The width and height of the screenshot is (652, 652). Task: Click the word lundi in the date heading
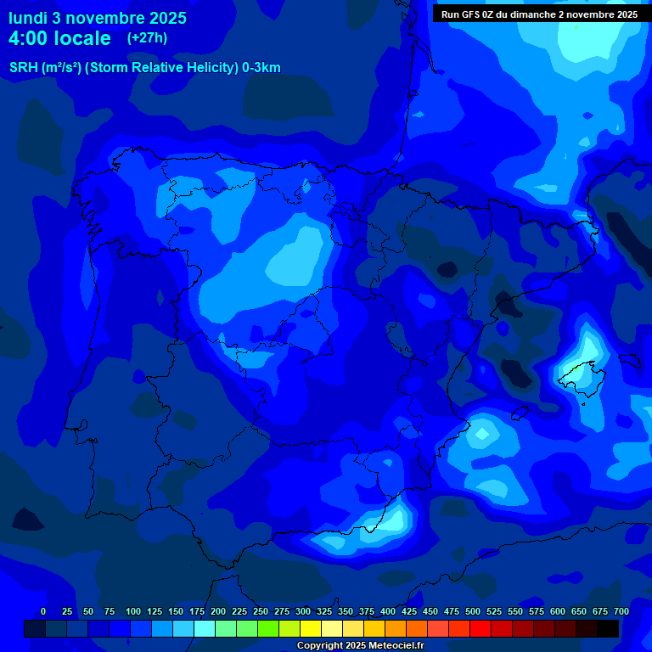coord(28,18)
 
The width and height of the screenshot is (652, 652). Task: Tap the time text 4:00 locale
coord(59,38)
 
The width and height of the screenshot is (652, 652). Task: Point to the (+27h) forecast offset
coord(147,37)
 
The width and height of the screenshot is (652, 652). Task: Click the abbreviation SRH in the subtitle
coord(24,68)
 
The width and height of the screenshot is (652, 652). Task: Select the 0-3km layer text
coord(261,68)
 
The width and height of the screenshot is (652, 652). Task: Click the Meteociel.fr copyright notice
coord(360,646)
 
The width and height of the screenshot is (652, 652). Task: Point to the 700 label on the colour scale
coord(621,611)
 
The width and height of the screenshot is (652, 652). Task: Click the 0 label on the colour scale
coord(43,611)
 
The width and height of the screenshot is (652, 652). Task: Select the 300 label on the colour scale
coord(303,611)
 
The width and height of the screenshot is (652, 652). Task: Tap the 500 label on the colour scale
coord(473,611)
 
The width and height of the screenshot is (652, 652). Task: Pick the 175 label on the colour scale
coord(197,611)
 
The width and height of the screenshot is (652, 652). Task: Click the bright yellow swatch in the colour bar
coord(311,628)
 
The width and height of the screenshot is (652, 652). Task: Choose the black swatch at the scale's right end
coord(608,628)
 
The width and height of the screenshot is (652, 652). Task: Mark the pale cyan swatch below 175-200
coord(205,628)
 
